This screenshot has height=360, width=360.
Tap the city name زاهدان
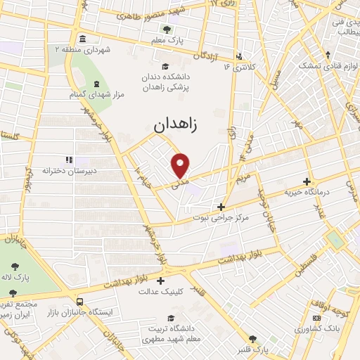175,125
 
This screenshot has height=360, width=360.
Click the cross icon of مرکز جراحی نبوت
221,207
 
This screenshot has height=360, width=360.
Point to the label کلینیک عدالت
160,290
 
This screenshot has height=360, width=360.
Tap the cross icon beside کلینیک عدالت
160,281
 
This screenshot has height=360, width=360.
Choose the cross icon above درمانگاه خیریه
306,181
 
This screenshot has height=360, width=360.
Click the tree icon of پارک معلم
167,30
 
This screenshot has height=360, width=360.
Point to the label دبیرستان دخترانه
69,171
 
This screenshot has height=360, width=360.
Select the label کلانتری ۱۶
237,67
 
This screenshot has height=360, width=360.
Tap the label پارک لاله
15,278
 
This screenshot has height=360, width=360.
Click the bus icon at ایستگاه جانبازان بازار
80,299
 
